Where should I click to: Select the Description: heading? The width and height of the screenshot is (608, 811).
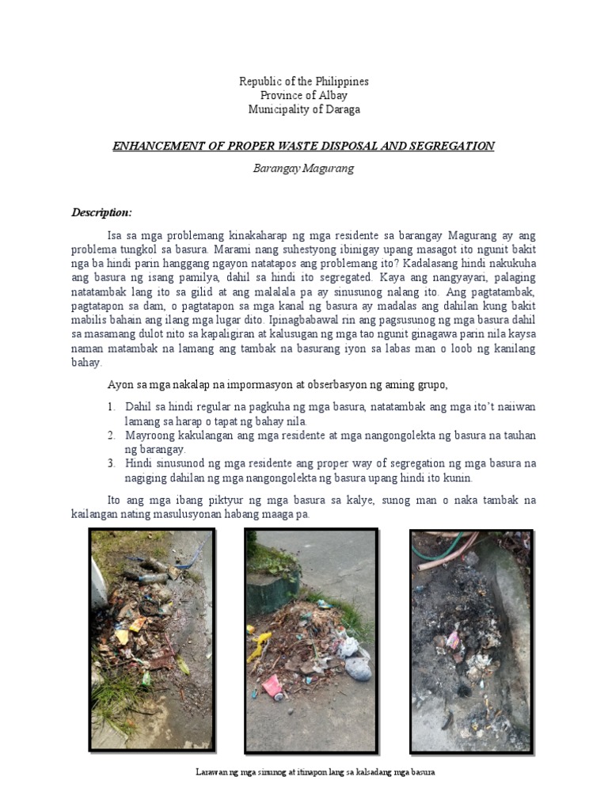101,212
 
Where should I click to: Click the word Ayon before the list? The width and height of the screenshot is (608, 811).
119,385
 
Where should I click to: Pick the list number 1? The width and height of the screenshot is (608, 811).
112,406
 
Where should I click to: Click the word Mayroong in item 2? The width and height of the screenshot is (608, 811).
148,436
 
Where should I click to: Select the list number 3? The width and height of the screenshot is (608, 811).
112,464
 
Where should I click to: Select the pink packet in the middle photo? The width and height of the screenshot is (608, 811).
272,684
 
